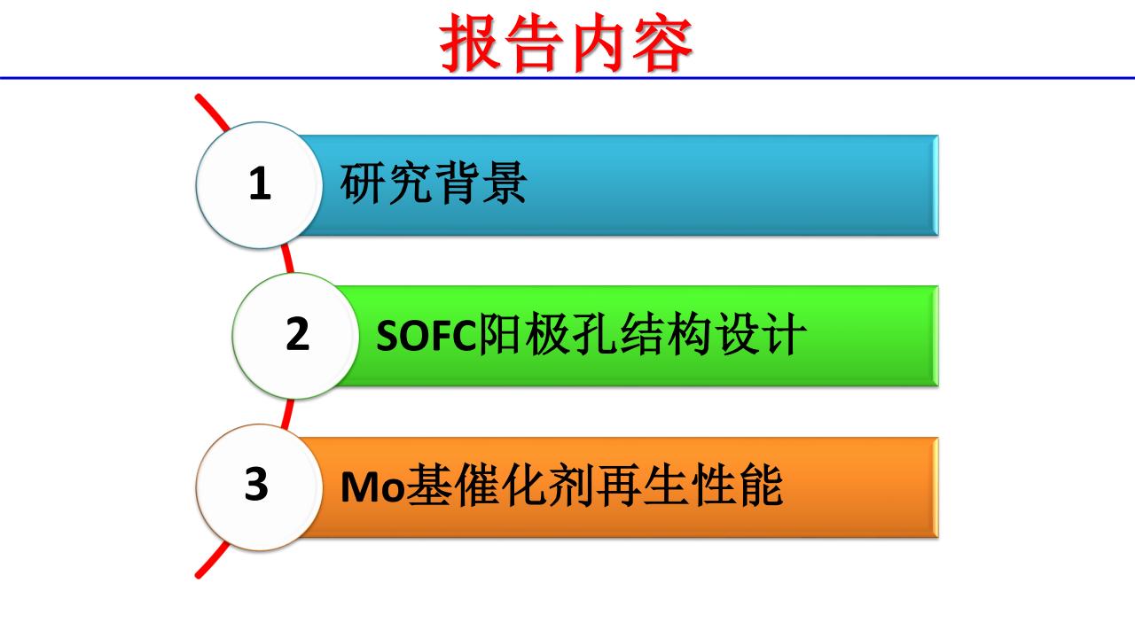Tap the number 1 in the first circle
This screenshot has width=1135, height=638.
click(x=260, y=183)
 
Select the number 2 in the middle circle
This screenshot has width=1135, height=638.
click(x=297, y=333)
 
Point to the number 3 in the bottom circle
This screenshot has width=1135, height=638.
click(x=256, y=484)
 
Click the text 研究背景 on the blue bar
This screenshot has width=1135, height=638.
click(x=434, y=183)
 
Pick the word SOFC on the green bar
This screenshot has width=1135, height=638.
click(x=427, y=335)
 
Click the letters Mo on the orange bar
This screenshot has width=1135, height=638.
click(x=373, y=487)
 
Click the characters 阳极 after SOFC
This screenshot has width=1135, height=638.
click(x=524, y=334)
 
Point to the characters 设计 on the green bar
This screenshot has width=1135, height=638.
click(x=761, y=334)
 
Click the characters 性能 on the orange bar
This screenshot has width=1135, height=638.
click(x=739, y=485)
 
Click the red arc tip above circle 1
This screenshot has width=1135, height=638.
click(x=198, y=97)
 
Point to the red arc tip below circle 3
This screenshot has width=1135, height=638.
click(x=198, y=575)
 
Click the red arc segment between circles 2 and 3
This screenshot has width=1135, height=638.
click(x=287, y=414)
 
